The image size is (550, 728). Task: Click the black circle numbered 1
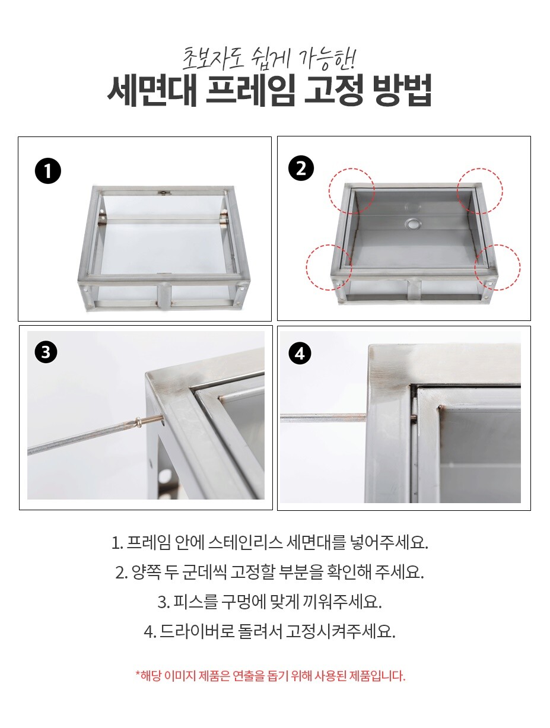pyautogui.click(x=47, y=171)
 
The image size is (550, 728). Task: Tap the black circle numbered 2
pyautogui.click(x=301, y=169)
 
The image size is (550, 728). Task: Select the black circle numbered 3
pyautogui.click(x=46, y=352)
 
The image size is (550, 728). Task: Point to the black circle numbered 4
pyautogui.click(x=300, y=354)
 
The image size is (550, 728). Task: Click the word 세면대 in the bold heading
pyautogui.click(x=152, y=90)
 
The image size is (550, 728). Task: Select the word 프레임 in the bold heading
pyautogui.click(x=250, y=90)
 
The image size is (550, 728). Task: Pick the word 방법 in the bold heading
pyautogui.click(x=402, y=90)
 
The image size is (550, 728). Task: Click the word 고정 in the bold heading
pyautogui.click(x=333, y=90)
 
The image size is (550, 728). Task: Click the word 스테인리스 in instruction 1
pyautogui.click(x=245, y=542)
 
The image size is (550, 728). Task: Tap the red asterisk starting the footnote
pyautogui.click(x=138, y=673)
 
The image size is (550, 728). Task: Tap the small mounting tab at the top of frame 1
pyautogui.click(x=163, y=193)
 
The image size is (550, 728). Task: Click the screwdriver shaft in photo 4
pyautogui.click(x=323, y=418)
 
